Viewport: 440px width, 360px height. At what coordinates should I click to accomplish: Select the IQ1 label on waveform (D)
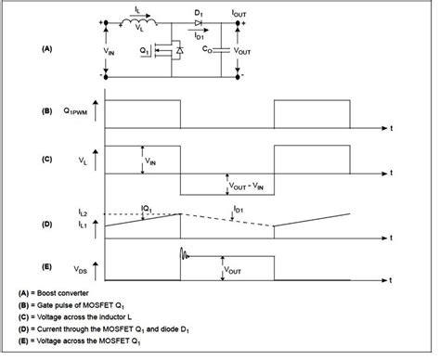point(144,208)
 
